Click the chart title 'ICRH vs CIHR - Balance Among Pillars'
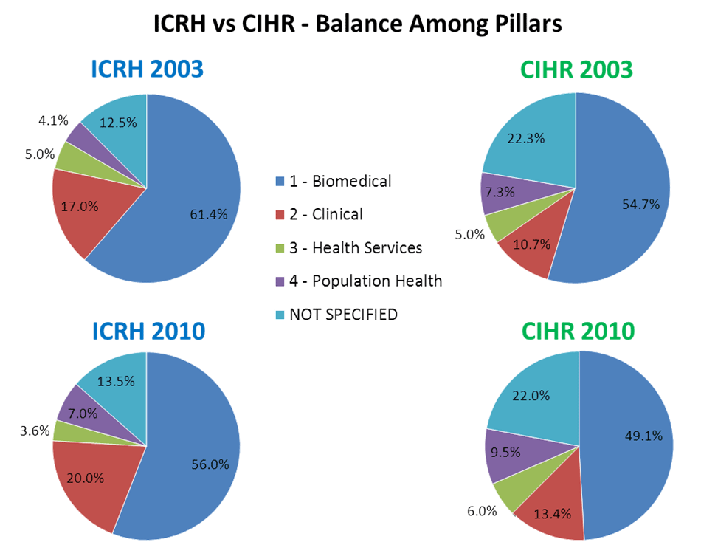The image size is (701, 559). [x=357, y=24]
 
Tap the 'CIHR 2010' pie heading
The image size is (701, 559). [x=577, y=332]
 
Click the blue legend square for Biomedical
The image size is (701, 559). [x=279, y=182]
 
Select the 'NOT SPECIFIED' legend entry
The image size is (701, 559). [x=344, y=315]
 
